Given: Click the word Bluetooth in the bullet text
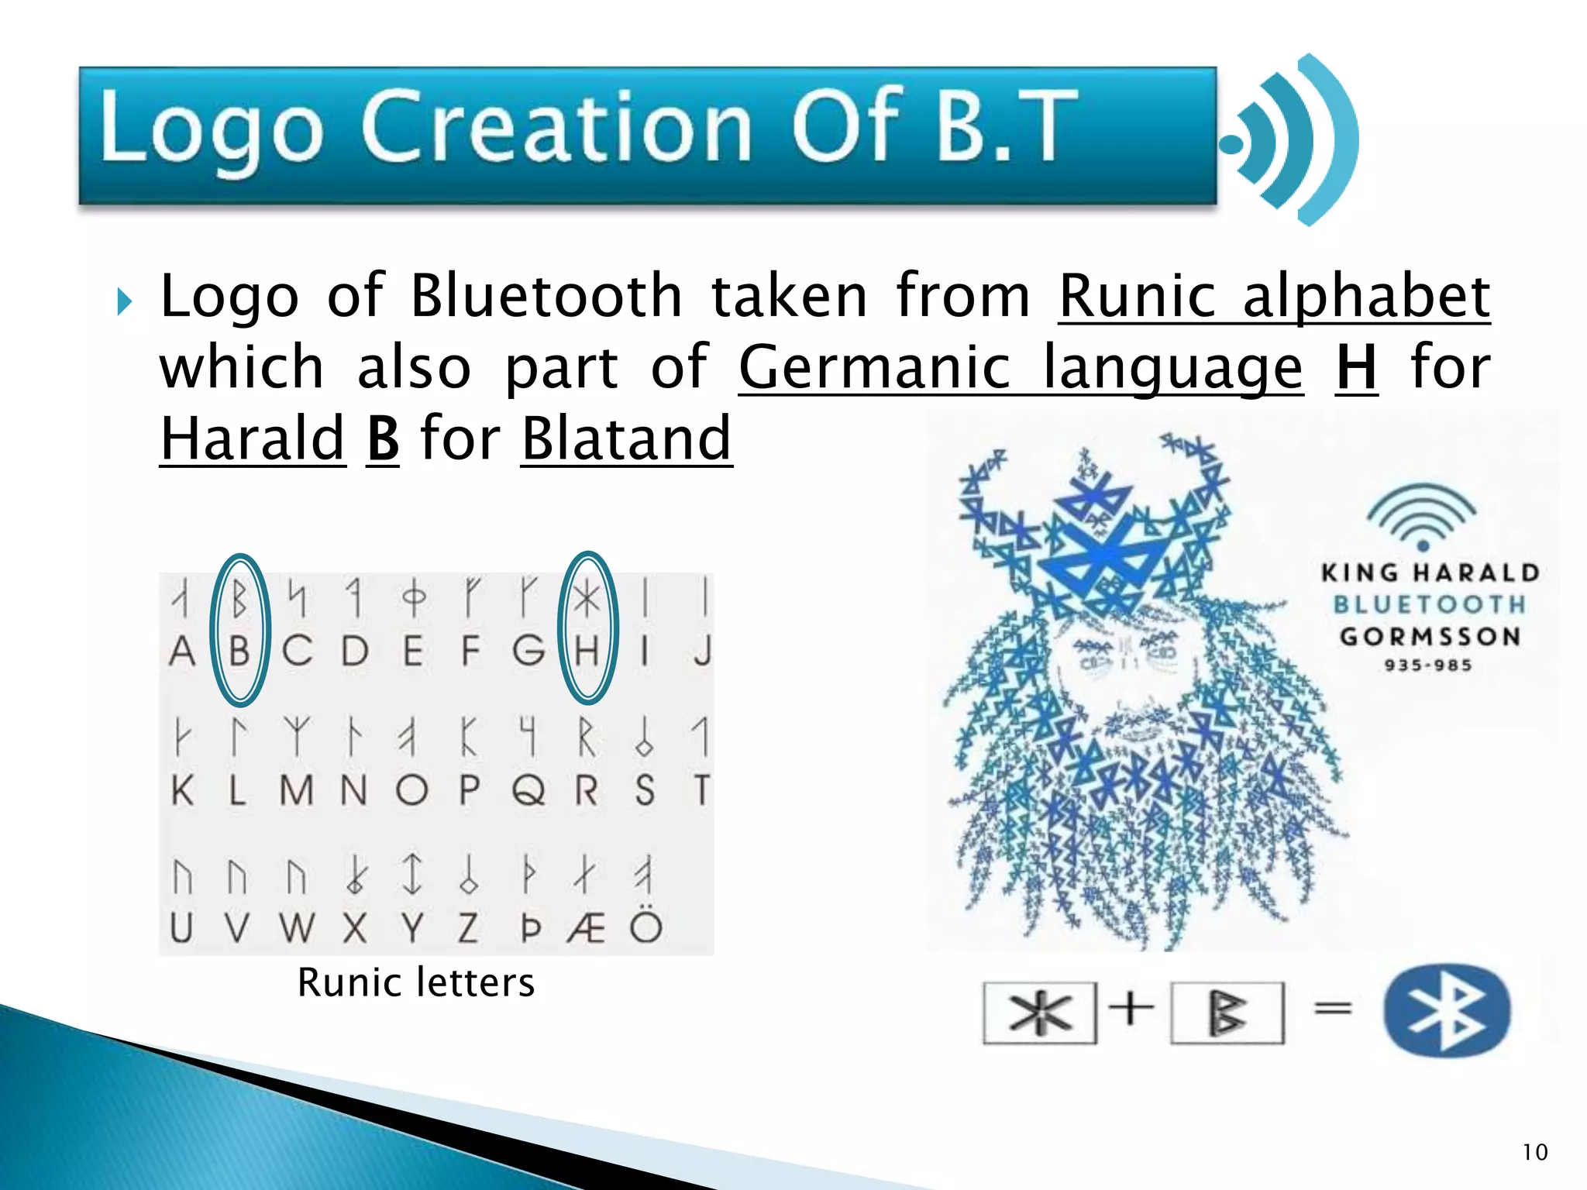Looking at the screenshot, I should [x=546, y=297].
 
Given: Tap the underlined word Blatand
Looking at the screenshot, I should [x=626, y=439].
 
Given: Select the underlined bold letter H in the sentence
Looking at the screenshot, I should [x=1356, y=368].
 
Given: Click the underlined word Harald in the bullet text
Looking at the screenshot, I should [x=253, y=439].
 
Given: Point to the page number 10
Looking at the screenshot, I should [x=1534, y=1152].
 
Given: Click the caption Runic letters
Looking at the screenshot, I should [x=416, y=982].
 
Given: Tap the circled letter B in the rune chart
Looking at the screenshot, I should [x=240, y=649].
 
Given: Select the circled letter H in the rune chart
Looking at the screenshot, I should [x=587, y=649].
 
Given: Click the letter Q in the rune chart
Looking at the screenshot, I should [x=528, y=790].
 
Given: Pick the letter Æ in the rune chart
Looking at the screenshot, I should [x=586, y=927].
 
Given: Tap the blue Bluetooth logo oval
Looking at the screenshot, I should [x=1447, y=1010].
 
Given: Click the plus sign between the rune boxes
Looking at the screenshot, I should [x=1131, y=1009].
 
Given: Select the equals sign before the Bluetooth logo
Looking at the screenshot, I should [x=1333, y=1009].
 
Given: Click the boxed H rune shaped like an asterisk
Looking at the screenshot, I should [x=1040, y=1013].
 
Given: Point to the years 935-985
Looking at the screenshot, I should [x=1428, y=665].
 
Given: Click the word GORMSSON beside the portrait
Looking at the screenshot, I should [x=1430, y=637].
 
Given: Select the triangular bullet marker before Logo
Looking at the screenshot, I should [x=124, y=301].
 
